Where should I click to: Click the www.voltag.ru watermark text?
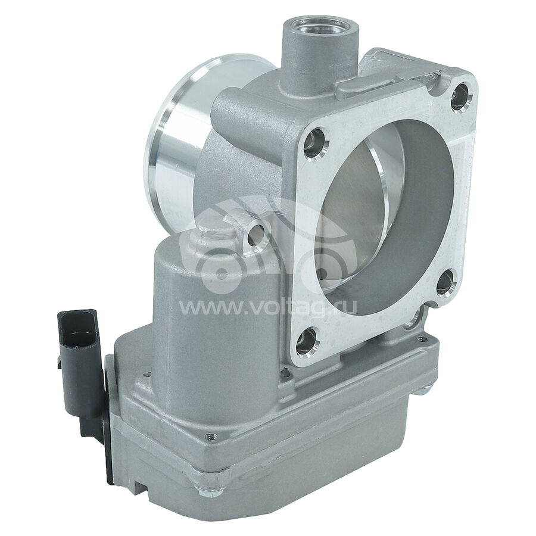point(269,308)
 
